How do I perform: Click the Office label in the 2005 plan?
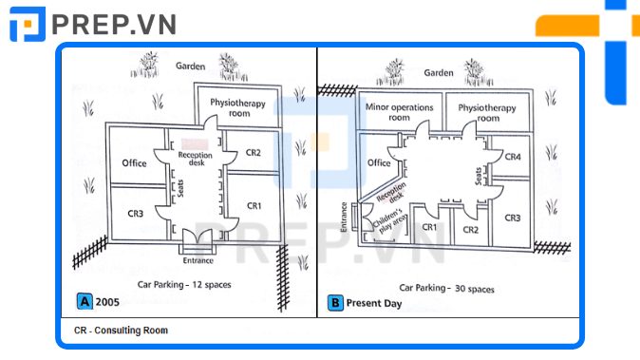coord(134,163)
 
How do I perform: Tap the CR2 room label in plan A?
coord(254,153)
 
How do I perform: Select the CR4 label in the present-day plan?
coord(513,157)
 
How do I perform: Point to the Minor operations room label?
coord(399,112)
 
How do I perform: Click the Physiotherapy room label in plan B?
coord(487,113)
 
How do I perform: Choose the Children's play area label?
coord(390,221)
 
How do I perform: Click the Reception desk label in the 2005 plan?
coord(196,159)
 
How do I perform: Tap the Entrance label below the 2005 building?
coord(198,260)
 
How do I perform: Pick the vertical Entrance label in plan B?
coord(344,218)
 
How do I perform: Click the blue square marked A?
coord(85,301)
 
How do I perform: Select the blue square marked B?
coord(335,303)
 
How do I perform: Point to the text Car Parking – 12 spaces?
coord(184,285)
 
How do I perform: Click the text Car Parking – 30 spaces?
coord(446,288)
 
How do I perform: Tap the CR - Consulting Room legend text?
coord(121,331)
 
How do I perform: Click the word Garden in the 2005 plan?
coord(190,66)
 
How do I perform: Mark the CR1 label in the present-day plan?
coord(429,227)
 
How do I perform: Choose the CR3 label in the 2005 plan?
coord(136,214)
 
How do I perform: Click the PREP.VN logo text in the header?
coord(114,25)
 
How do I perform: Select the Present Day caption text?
coord(374,303)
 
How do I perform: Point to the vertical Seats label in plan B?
coord(479,177)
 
